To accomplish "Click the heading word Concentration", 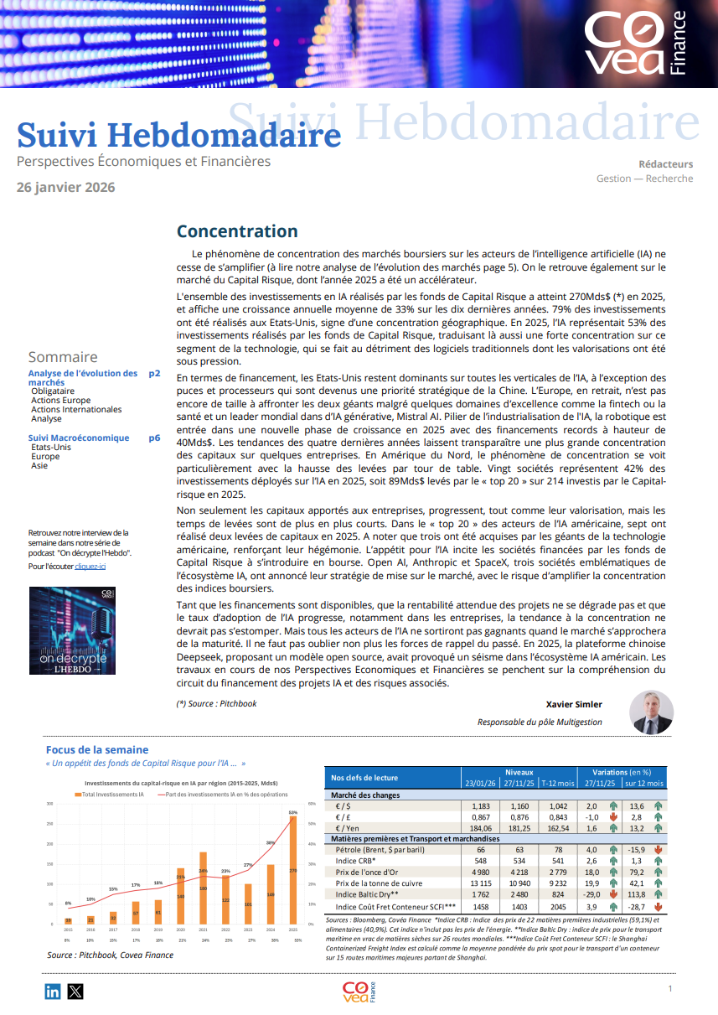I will click(237, 231).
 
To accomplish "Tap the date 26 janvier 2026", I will click(66, 187).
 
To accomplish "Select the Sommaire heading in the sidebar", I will click(63, 357).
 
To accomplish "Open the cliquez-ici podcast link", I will click(90, 567).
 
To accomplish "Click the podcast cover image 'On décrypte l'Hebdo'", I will click(72, 630).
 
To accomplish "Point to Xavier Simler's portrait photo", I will click(651, 712).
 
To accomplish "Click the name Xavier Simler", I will click(574, 704).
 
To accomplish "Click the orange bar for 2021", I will click(203, 888).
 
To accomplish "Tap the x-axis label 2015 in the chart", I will click(68, 930).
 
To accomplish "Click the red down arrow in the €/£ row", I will click(613, 817).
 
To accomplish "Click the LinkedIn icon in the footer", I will click(53, 992).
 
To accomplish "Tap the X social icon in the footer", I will click(75, 992).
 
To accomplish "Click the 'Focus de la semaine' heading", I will click(97, 749).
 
